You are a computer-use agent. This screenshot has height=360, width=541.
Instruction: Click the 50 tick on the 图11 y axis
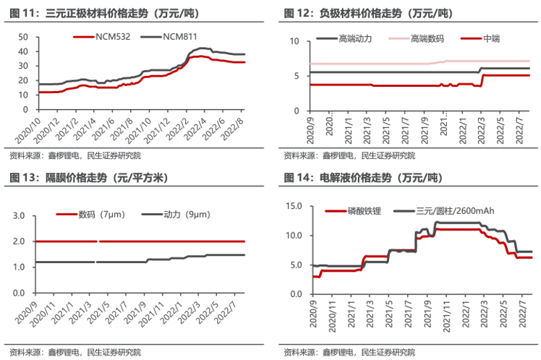(x=22, y=37)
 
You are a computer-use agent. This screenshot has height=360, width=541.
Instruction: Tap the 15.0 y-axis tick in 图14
(x=293, y=206)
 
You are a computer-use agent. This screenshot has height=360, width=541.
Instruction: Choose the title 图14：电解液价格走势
(x=362, y=178)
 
